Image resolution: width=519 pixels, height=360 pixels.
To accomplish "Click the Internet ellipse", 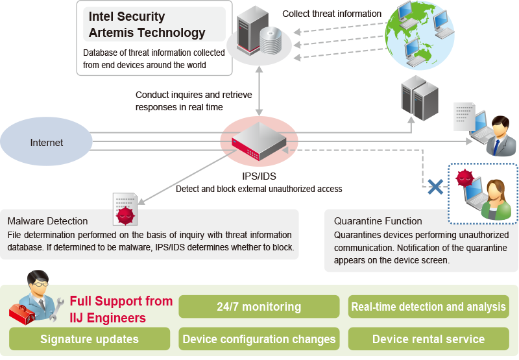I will click(47, 143).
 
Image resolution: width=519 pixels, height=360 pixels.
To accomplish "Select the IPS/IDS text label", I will click(259, 176).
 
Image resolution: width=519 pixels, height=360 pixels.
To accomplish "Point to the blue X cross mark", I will click(436, 187).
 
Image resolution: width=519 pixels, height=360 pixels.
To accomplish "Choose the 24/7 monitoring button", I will click(259, 307).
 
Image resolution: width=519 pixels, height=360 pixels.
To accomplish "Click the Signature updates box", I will click(90, 339).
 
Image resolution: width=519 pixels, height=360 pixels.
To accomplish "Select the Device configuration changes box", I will click(259, 339).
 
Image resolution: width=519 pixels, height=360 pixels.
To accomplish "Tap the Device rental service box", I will click(428, 339).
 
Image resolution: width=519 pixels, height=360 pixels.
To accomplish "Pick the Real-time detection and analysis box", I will click(428, 307).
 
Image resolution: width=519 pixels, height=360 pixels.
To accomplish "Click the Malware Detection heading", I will click(47, 221).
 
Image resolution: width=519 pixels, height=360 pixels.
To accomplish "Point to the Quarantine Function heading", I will click(378, 221).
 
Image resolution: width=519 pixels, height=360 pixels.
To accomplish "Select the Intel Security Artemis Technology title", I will click(147, 25).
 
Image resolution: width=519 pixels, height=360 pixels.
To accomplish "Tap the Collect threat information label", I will click(332, 14).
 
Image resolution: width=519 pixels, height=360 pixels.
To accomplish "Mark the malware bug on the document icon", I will click(125, 215).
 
